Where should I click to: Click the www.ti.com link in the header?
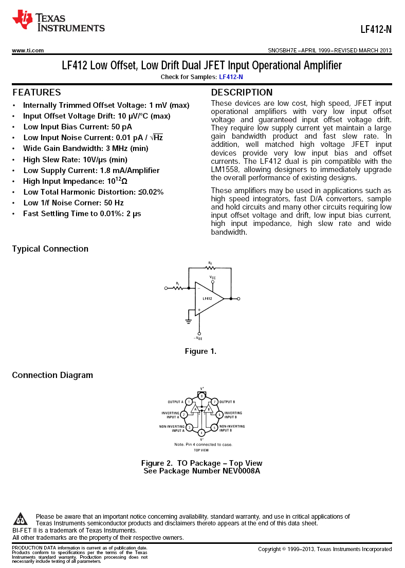28,50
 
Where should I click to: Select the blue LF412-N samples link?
231,77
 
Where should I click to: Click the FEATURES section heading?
36,92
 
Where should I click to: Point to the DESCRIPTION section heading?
242,92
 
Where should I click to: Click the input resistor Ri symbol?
178,288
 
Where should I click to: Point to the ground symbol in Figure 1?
189,321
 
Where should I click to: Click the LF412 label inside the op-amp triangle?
207,298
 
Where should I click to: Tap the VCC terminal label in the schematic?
212,277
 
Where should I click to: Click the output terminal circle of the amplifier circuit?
238,298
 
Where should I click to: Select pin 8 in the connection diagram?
202,396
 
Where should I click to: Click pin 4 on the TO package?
201,433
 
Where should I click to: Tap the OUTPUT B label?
227,402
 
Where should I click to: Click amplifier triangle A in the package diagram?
195,409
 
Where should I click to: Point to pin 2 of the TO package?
184,414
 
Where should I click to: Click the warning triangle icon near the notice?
21,519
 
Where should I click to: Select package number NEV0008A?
242,471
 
